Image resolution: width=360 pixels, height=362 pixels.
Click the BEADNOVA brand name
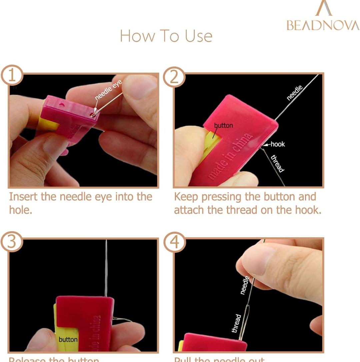tap(323, 25)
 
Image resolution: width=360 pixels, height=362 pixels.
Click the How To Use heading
tap(166, 36)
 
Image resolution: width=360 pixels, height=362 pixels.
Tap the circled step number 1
tap(12, 75)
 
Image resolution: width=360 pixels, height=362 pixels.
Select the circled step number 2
tap(174, 77)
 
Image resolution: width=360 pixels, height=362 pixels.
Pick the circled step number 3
tap(12, 241)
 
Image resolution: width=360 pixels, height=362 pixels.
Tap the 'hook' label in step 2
tap(278, 144)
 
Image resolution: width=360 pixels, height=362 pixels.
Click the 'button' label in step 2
tap(223, 125)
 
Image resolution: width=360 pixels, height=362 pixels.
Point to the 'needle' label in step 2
tap(295, 92)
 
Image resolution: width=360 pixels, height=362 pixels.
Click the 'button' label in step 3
tap(68, 339)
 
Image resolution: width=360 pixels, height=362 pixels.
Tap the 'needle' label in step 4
tap(245, 285)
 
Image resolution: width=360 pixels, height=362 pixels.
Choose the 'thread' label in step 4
tap(236, 323)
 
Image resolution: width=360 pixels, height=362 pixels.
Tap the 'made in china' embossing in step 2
tap(230, 157)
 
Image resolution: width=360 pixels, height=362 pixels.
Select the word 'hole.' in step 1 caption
tap(20, 210)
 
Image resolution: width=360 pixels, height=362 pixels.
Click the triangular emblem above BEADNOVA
tap(323, 8)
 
